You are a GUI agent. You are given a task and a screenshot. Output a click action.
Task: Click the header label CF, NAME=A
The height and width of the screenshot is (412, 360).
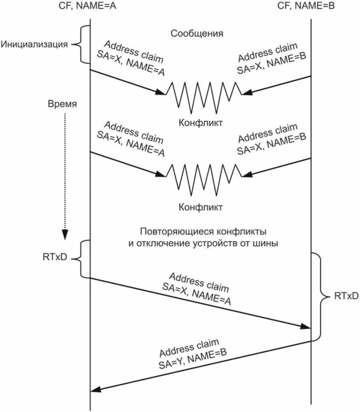click(x=87, y=5)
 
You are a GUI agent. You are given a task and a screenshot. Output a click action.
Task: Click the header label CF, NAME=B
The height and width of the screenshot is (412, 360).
click(x=306, y=5)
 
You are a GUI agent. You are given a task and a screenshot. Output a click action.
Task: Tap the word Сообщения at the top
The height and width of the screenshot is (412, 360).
click(x=197, y=33)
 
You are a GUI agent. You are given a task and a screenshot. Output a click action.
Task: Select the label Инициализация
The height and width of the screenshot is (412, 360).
click(x=34, y=44)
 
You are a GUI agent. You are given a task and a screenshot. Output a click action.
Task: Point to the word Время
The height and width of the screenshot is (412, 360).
click(x=62, y=104)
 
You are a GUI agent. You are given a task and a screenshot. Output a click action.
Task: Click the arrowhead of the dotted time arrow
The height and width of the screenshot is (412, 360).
click(x=65, y=235)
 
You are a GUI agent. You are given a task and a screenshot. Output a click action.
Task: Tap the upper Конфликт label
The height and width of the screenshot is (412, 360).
click(x=200, y=122)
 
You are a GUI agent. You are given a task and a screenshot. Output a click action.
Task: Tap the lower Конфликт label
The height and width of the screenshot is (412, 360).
click(x=200, y=207)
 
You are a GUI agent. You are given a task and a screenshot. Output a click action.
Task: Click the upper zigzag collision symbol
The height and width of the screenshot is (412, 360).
click(x=204, y=98)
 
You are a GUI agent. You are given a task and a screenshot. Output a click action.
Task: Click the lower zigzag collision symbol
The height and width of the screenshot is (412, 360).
click(x=204, y=180)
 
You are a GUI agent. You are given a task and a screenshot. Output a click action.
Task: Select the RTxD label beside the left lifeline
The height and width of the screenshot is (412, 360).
click(x=55, y=257)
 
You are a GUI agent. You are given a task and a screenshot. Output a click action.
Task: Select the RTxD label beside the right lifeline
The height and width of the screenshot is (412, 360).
click(x=346, y=296)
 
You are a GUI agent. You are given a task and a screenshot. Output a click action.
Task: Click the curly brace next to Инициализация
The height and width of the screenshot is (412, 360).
click(x=80, y=45)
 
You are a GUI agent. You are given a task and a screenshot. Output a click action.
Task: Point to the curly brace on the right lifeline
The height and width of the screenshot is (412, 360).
click(x=321, y=297)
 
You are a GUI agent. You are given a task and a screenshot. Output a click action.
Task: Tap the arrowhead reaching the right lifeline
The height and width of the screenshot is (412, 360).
click(x=306, y=327)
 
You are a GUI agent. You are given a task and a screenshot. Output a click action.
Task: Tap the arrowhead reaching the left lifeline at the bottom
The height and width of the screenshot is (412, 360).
click(x=96, y=389)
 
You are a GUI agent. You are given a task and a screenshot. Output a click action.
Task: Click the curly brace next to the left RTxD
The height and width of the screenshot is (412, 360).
click(x=80, y=259)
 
